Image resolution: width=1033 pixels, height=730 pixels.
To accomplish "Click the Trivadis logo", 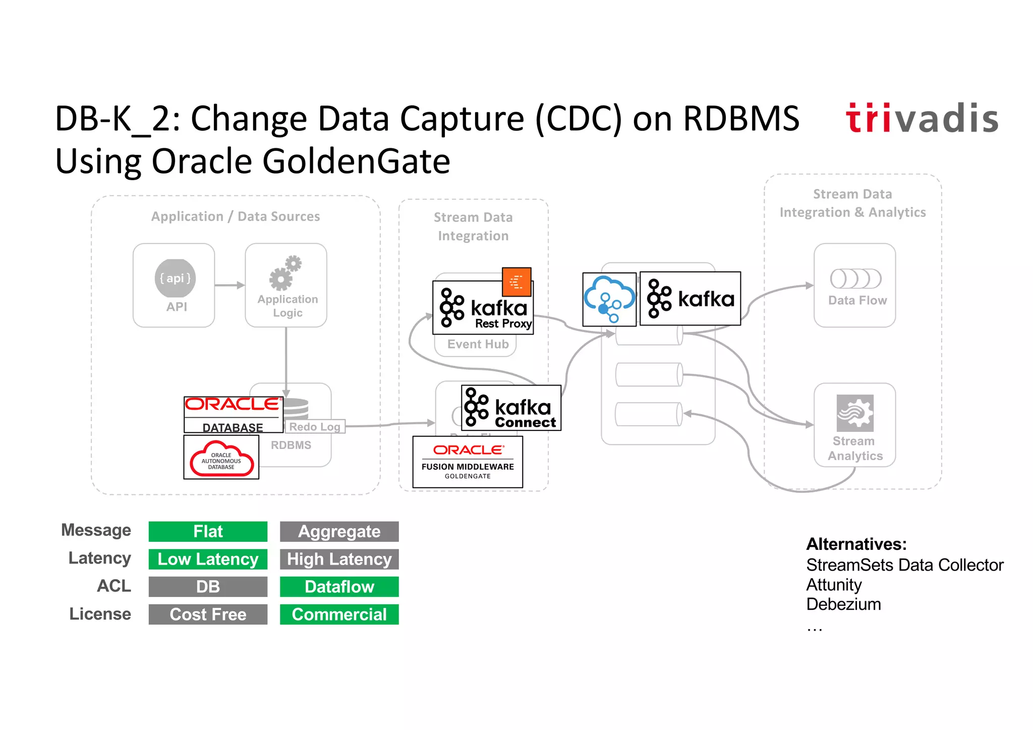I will coord(922,119).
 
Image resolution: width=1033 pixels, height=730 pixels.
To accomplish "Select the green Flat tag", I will coord(208,531).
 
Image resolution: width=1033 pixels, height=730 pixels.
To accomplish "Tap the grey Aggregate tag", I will coord(339,531).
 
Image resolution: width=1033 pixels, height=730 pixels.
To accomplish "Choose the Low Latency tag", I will coord(208,559).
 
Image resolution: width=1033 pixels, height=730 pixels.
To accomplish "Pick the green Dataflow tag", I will coord(339,587).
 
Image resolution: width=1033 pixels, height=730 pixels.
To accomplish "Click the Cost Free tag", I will coord(208,614).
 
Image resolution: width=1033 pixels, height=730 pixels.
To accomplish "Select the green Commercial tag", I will coord(339,614).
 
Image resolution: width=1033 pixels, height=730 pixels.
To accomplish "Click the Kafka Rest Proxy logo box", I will coord(483,308).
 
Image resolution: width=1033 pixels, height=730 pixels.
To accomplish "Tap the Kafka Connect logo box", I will coord(511,408).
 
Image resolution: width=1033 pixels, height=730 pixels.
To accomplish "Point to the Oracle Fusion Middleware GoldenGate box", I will coord(468,462).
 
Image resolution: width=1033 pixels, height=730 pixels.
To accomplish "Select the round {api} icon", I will coord(175,278).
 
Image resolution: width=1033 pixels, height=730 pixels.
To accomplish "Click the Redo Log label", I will coord(315,427).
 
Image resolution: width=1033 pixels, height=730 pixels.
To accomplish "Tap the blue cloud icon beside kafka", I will coord(609,300).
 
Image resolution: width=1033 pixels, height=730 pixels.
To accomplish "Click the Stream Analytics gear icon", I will coord(855,413).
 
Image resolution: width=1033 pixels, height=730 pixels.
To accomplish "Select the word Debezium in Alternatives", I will coord(843,604).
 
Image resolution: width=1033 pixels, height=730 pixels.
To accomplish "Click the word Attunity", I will coord(834,585).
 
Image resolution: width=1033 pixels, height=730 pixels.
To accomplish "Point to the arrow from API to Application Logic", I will coord(229,286).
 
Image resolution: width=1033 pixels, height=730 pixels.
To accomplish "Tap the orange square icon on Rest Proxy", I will coord(516,282).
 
